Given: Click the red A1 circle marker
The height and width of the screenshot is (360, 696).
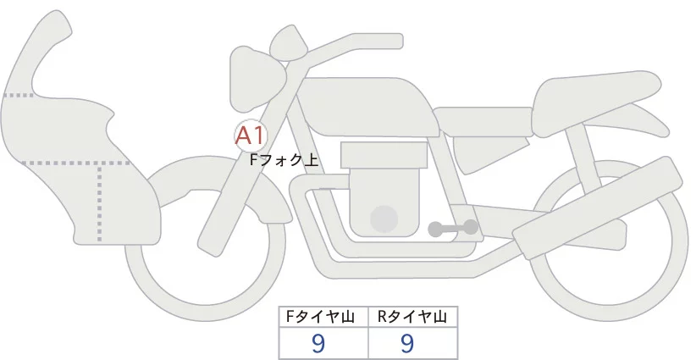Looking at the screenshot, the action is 251,136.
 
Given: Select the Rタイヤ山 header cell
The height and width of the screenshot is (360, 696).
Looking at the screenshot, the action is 412,317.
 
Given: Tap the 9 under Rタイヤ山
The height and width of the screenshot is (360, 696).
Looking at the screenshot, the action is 407,343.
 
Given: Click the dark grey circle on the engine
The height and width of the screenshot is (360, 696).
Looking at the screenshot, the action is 384,219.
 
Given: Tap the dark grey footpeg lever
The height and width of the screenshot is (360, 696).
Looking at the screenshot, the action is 454,228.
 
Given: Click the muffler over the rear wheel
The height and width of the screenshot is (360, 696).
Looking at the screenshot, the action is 593,208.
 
